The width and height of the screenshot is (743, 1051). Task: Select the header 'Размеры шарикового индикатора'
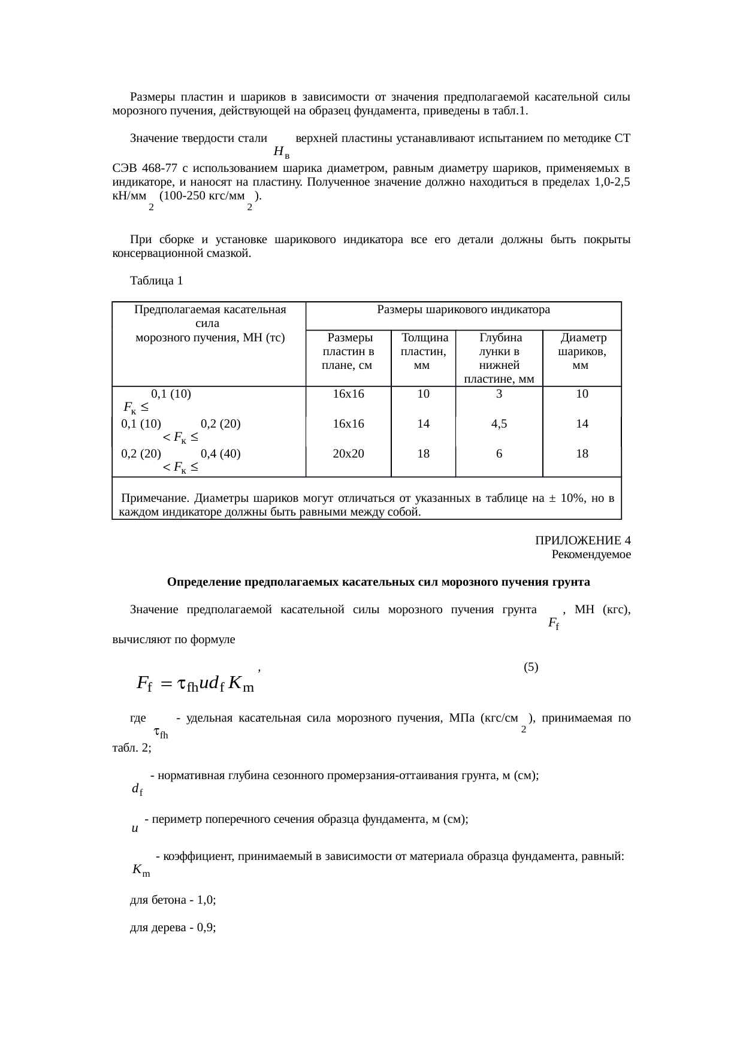463,310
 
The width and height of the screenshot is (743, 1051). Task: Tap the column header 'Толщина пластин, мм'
423,352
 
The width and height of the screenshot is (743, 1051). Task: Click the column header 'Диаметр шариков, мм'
581,352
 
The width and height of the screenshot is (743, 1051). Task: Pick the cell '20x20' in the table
348,454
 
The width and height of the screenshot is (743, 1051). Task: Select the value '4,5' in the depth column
499,424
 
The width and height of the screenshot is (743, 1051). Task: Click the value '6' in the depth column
499,454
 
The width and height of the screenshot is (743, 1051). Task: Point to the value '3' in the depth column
499,394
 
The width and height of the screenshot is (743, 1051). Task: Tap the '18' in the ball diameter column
581,454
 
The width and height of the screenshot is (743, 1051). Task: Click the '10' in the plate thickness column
423,394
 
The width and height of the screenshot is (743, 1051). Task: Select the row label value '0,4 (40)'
221,454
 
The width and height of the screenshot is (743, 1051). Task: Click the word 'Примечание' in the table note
155,498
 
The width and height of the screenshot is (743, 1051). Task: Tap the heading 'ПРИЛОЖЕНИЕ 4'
582,541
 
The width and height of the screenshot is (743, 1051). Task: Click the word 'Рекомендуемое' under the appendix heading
591,555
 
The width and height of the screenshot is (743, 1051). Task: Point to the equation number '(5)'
531,667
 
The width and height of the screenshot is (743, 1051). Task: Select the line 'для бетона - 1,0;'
173,900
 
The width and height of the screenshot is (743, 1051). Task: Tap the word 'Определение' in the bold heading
197,582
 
